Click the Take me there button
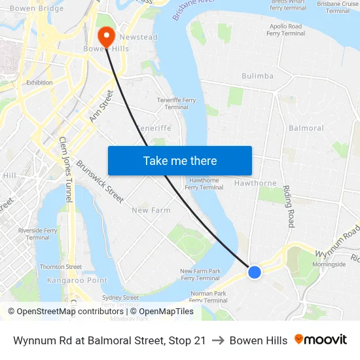179,160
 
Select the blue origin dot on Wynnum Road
255,272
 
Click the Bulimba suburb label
257,76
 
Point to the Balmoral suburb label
306,128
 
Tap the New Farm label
151,210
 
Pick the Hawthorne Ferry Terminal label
204,183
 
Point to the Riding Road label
288,206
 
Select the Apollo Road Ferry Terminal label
285,29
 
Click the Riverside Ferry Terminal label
38,234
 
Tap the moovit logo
320,340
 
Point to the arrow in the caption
217,340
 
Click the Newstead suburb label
138,37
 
